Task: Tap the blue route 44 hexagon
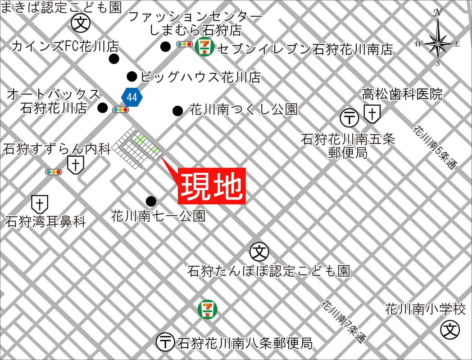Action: click(132, 96)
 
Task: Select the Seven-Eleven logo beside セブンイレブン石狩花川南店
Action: click(207, 47)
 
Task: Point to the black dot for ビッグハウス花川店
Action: click(132, 76)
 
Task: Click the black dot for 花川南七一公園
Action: click(151, 201)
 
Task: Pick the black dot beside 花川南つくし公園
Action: click(178, 110)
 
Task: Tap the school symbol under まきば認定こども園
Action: click(80, 22)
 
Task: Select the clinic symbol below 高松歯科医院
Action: click(372, 114)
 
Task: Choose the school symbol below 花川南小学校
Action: click(450, 331)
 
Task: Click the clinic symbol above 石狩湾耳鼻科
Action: click(40, 204)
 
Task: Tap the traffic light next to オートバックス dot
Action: click(120, 109)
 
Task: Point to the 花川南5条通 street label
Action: click(435, 147)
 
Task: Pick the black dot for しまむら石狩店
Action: click(166, 46)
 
